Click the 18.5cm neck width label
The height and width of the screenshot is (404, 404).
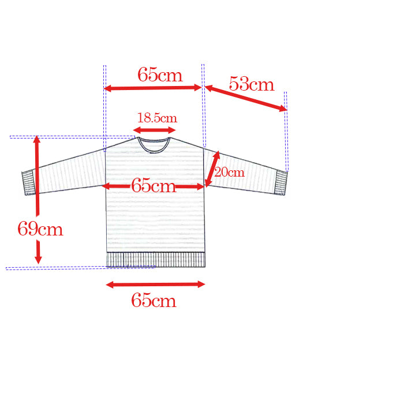point(157,118)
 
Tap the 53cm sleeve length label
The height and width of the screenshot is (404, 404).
point(252,84)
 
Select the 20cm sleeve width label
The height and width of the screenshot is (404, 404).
point(229,172)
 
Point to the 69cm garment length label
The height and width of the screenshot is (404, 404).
point(40,229)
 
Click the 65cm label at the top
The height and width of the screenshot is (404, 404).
point(160,74)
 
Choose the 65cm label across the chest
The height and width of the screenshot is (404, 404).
point(154,185)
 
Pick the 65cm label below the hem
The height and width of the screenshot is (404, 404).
point(154,301)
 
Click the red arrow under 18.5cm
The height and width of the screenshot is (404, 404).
point(154,130)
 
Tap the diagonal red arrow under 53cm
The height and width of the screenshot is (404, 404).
point(246,99)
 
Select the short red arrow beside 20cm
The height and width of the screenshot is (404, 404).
point(212,169)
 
